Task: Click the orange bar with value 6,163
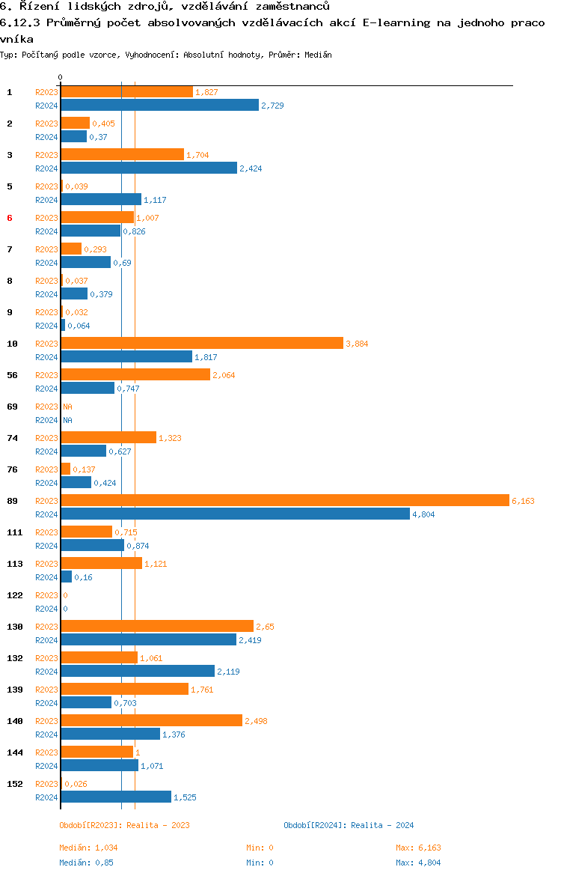coord(285,501)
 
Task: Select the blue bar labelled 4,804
coord(236,514)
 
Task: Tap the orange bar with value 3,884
coord(202,344)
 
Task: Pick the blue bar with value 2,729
coord(160,105)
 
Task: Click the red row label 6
coord(10,218)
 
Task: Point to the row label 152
coord(14,784)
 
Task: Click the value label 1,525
coord(185,797)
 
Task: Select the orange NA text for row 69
coord(67,407)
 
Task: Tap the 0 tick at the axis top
coord(61,77)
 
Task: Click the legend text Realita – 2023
coord(158,825)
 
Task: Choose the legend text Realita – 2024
coord(382,825)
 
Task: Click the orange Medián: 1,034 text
coord(88,848)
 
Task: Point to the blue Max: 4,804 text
coord(418,863)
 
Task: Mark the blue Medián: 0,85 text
coord(86,863)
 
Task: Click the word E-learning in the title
coord(396,23)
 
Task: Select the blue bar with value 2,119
coord(138,671)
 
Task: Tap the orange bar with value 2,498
coord(152,721)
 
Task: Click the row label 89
coord(12,501)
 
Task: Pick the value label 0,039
coord(76,186)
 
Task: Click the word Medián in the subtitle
coord(318,55)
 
